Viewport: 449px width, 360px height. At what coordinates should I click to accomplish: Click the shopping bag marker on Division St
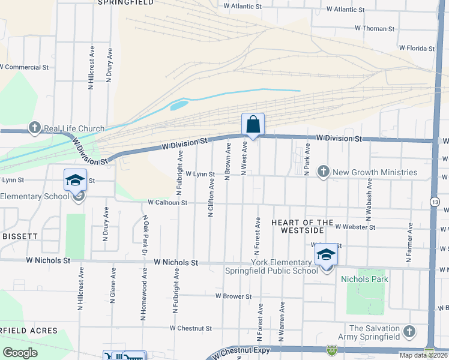pyautogui.click(x=253, y=125)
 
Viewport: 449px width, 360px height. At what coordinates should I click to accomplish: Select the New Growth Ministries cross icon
pyautogui.click(x=324, y=172)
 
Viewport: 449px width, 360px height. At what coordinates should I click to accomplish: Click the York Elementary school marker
pyautogui.click(x=326, y=255)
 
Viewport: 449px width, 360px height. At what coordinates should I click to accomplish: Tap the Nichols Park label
pyautogui.click(x=364, y=279)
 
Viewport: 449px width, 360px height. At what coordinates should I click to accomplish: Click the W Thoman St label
pyautogui.click(x=375, y=28)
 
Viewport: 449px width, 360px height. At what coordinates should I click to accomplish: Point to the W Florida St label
pyautogui.click(x=417, y=48)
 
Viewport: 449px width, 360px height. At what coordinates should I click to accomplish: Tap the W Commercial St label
pyautogui.click(x=24, y=67)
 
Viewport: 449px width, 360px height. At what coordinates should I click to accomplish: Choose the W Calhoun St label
pyautogui.click(x=167, y=203)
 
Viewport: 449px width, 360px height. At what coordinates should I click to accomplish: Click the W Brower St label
pyautogui.click(x=234, y=296)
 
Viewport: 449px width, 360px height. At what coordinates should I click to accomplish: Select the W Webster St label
pyautogui.click(x=355, y=227)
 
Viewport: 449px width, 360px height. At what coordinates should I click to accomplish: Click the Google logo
pyautogui.click(x=20, y=353)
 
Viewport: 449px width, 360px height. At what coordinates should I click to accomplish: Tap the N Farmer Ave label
pyautogui.click(x=409, y=243)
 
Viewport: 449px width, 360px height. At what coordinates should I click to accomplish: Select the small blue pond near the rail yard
pyautogui.click(x=179, y=106)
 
